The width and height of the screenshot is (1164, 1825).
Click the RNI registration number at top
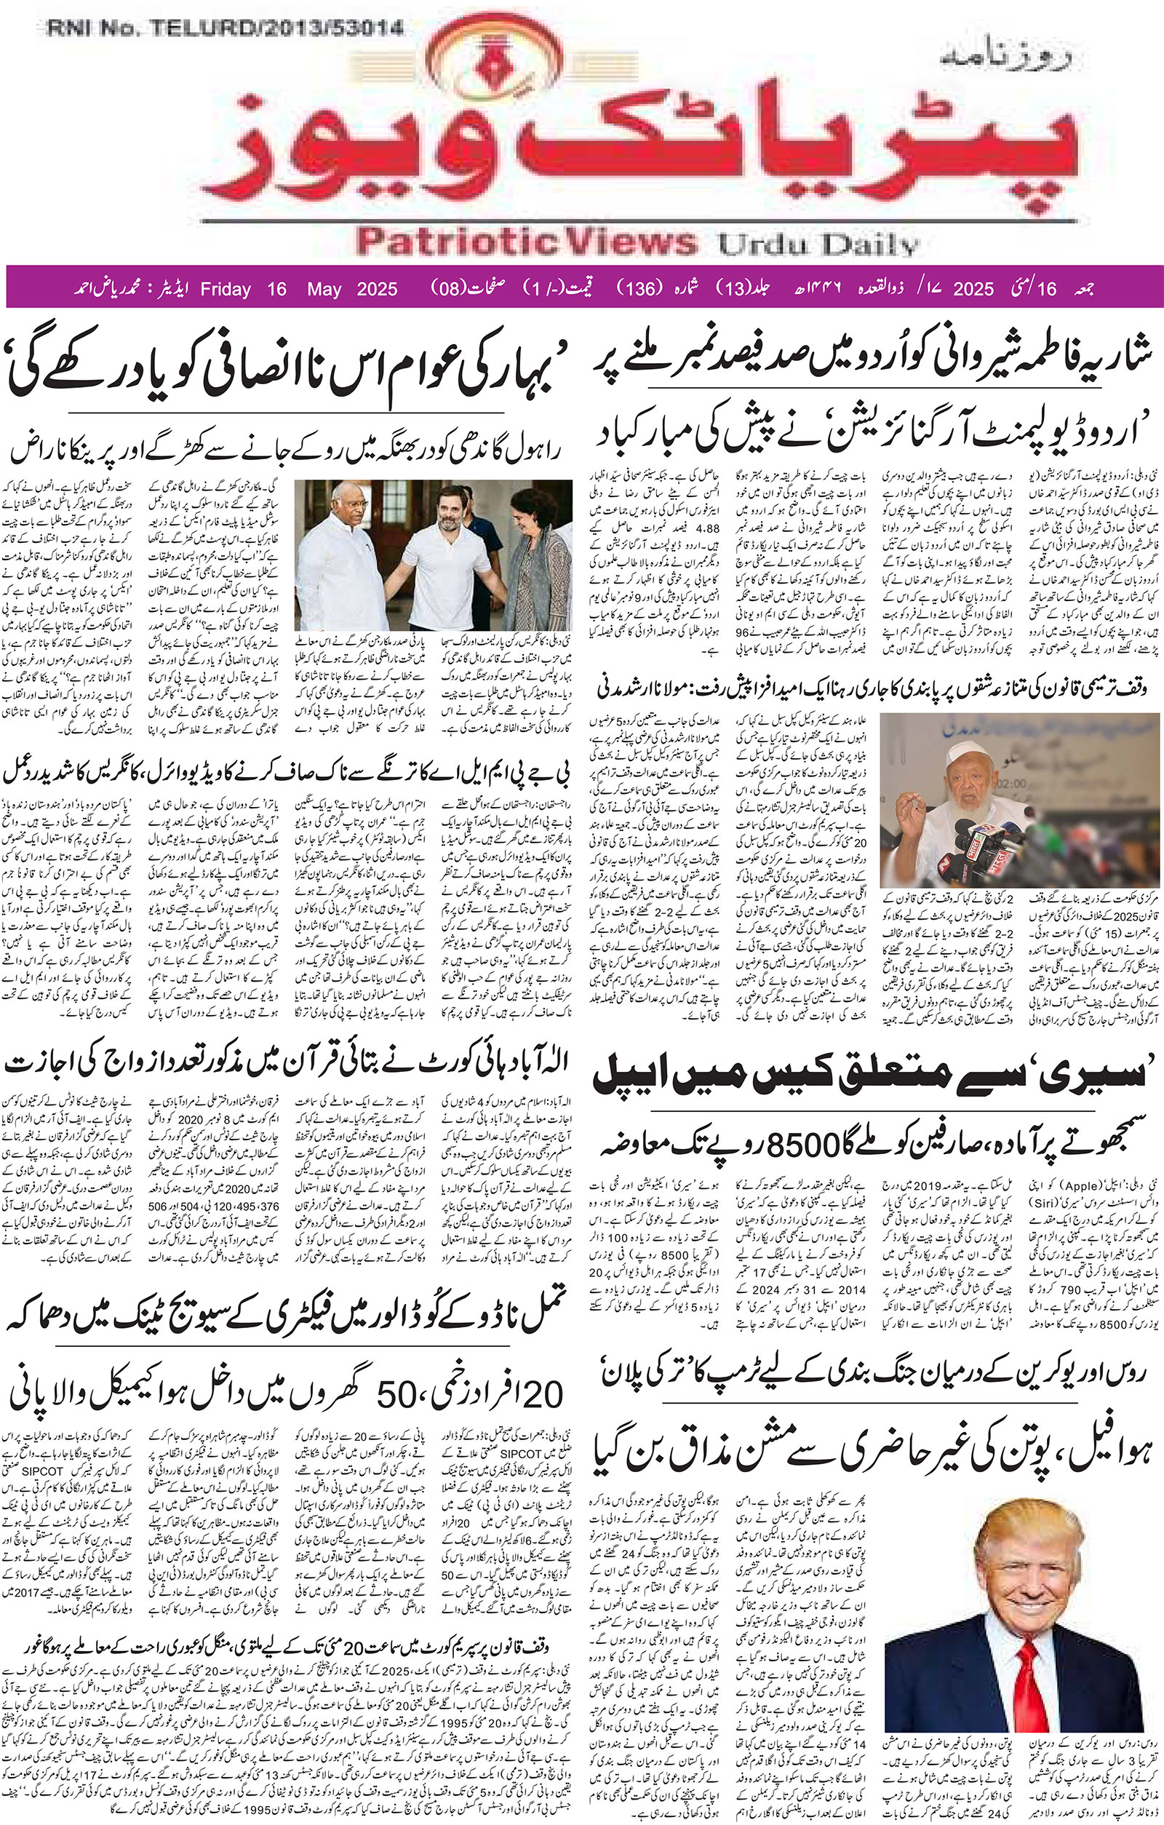point(226,29)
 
